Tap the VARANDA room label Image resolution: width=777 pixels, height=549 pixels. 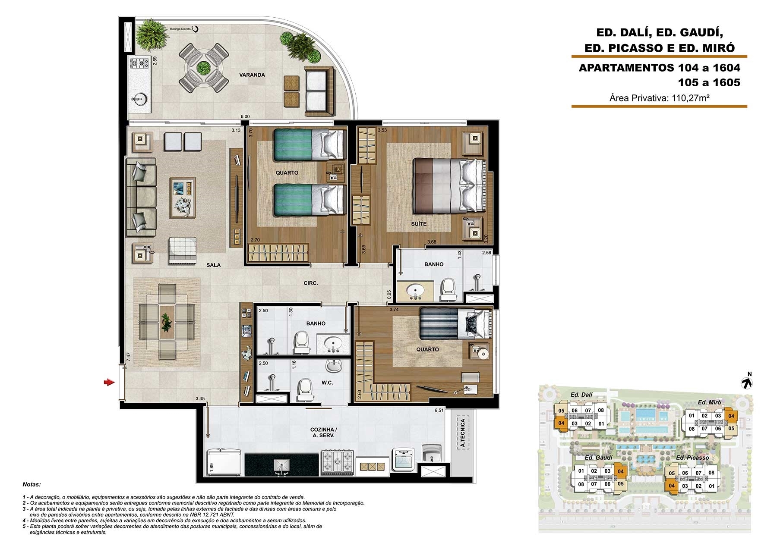252,75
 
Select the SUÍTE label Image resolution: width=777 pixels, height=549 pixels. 419,224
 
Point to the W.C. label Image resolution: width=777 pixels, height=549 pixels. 327,383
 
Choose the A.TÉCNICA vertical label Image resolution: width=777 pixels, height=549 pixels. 462,433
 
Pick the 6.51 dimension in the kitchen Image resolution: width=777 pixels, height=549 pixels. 439,411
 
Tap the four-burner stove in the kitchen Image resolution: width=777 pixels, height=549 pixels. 337,463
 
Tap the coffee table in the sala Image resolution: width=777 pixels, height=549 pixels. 183,198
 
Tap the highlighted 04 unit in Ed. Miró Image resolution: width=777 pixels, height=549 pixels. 731,416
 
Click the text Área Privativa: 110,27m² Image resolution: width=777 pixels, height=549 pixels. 660,98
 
